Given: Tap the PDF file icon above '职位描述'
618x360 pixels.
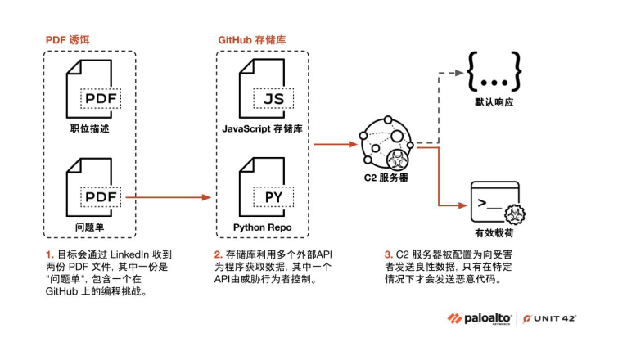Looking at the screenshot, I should coord(92,92).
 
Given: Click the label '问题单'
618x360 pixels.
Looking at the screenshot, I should coord(86,225).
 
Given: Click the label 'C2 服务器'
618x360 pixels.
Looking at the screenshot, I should coord(386,178).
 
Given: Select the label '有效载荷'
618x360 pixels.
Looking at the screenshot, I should coord(494,232).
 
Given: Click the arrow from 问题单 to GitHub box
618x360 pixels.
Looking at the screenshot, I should coord(168,196).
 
